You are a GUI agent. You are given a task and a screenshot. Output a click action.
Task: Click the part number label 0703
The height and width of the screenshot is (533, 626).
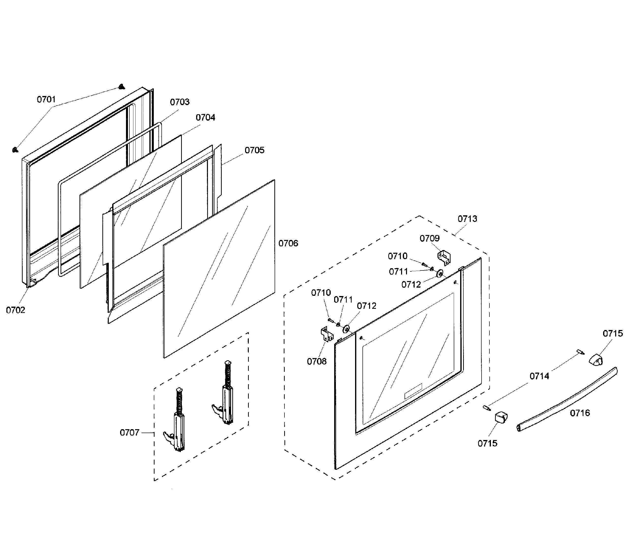coord(180,102)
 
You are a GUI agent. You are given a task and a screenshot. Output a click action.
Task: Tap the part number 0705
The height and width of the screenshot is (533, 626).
coord(254,150)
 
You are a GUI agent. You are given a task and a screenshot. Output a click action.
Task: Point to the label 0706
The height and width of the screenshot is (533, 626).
coord(288,243)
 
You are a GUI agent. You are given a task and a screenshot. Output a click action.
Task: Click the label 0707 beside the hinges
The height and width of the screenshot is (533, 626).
coord(130,433)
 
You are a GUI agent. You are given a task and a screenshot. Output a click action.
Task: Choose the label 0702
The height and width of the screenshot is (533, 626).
coord(16,310)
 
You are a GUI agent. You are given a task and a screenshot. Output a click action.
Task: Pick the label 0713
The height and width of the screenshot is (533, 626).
coord(467,219)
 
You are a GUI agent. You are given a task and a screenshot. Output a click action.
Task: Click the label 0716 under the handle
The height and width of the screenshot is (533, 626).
coord(580,413)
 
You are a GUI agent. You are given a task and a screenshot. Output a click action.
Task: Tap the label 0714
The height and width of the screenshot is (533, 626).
coord(539,376)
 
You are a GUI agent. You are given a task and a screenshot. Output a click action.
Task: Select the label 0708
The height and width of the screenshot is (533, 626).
coord(317,361)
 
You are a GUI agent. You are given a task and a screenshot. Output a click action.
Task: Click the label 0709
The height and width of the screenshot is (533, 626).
coord(430,238)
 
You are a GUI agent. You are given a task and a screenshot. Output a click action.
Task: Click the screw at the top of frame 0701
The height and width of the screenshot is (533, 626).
coord(122,87)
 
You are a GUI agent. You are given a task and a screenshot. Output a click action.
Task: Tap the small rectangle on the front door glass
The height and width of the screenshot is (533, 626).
coord(413,391)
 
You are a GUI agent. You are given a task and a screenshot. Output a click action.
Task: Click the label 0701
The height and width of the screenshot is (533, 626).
coord(46,99)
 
